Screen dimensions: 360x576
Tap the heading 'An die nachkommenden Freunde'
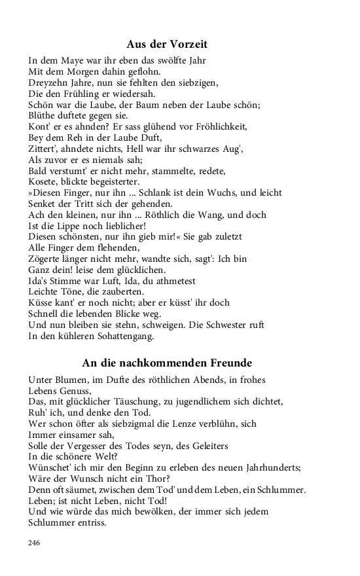[167, 362]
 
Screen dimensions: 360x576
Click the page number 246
[35, 543]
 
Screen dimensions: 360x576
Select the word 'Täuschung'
[137, 401]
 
